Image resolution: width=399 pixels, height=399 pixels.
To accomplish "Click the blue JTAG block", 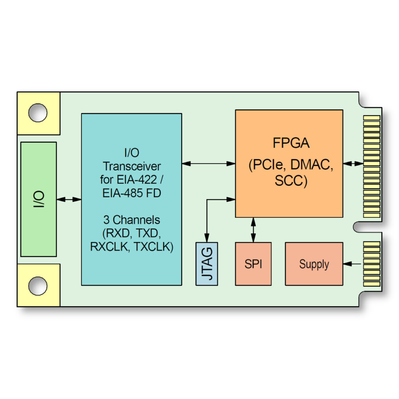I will coord(207,264).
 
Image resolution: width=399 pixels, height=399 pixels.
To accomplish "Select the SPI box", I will coord(253,264).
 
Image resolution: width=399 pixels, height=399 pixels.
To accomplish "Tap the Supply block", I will coord(314,264).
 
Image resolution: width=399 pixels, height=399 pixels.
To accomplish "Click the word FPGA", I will coord(291,143).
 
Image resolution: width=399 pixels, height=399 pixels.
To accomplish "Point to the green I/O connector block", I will coord(38,199).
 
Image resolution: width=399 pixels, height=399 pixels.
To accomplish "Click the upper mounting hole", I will coord(38,113).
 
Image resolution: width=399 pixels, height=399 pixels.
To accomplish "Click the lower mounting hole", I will coord(38,285).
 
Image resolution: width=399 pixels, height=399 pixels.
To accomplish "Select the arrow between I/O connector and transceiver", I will coord(69,199).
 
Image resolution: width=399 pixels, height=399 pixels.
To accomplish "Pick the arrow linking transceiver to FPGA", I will coord(208,164).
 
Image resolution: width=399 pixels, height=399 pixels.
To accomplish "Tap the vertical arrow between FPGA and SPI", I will coord(254,230).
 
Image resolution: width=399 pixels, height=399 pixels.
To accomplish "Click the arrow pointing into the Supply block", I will coord(353,264).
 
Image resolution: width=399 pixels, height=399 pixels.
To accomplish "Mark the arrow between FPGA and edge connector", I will coord(353,164).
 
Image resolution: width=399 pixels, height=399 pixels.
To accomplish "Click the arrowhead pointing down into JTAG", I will coord(207,238).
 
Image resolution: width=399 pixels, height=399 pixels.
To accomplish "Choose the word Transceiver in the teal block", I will coord(132,166).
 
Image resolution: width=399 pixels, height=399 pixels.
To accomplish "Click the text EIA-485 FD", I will coord(132,193).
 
